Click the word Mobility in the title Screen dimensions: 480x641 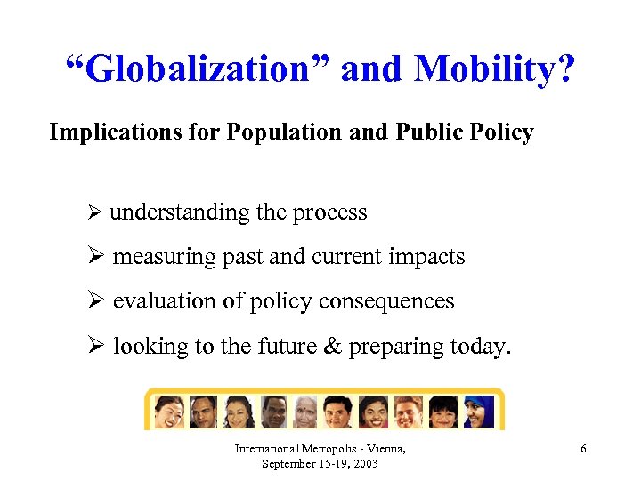(x=493, y=68)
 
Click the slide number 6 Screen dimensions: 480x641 (x=583, y=449)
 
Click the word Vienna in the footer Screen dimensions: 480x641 (x=384, y=449)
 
